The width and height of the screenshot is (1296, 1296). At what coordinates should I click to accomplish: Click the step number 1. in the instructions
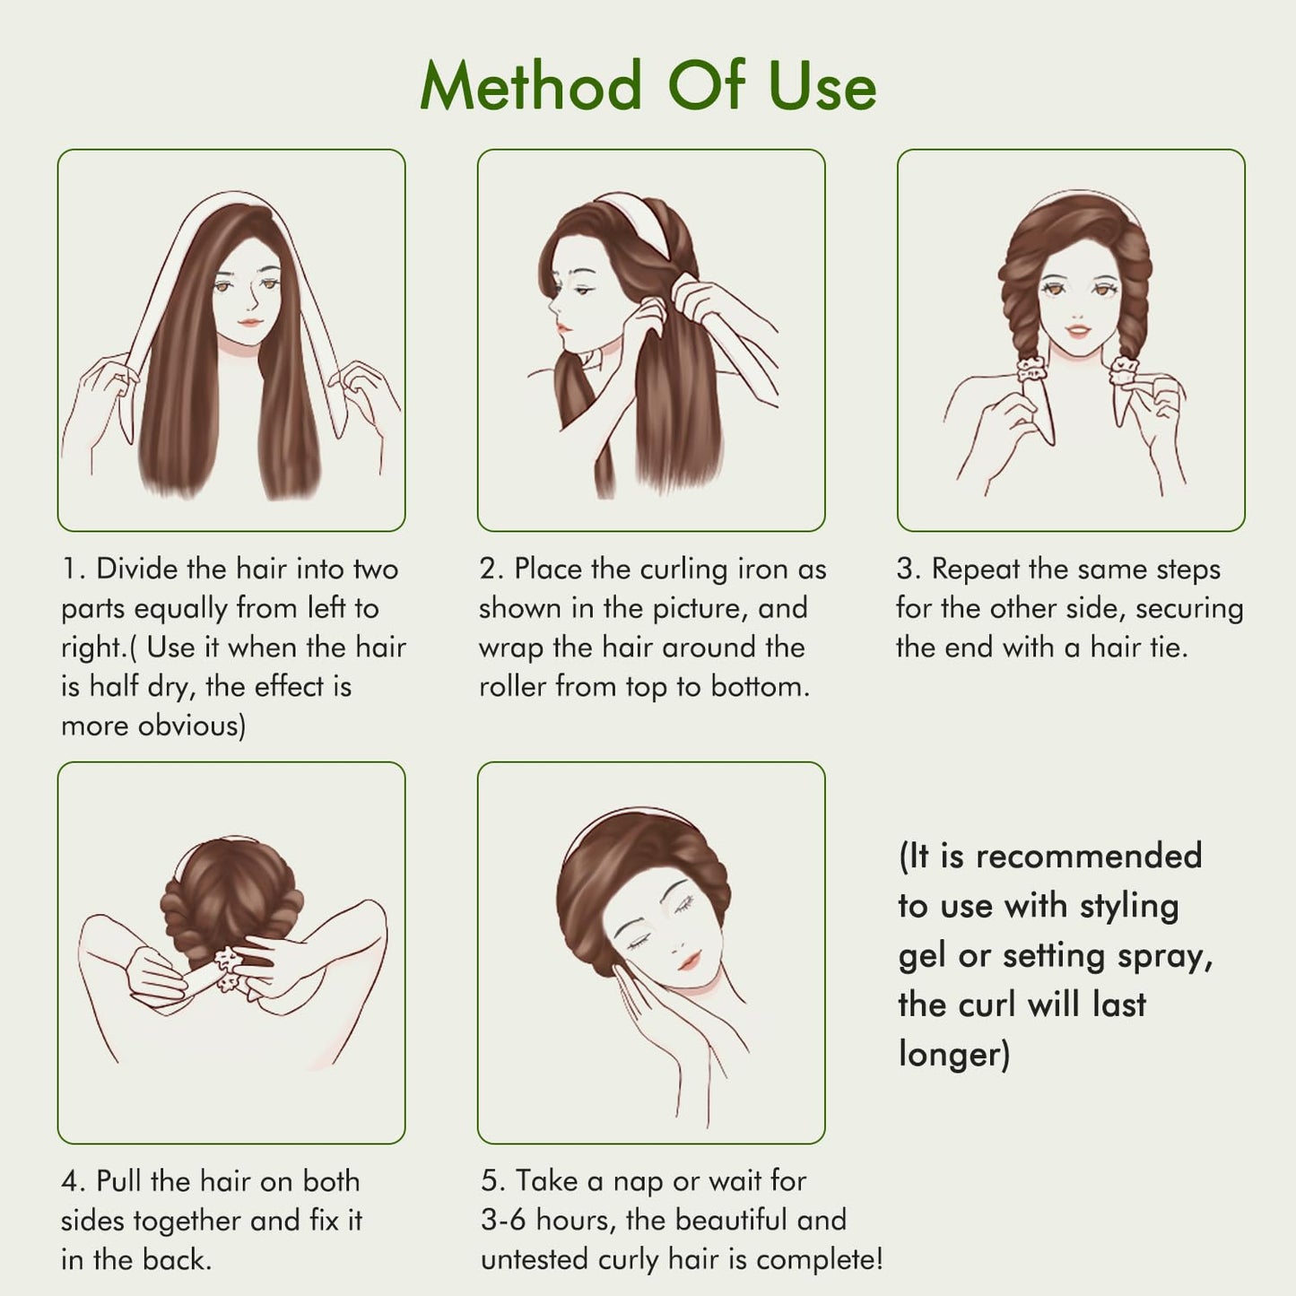tap(74, 569)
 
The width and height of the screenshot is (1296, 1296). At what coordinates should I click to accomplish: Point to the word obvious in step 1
tap(192, 726)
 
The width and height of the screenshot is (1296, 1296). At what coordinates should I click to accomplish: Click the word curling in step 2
tap(683, 570)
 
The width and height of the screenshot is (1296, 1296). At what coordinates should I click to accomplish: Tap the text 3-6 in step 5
tap(503, 1220)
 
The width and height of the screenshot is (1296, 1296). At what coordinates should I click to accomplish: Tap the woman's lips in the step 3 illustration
tap(1079, 331)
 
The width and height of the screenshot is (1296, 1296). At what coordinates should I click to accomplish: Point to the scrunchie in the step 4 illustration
tap(228, 968)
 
